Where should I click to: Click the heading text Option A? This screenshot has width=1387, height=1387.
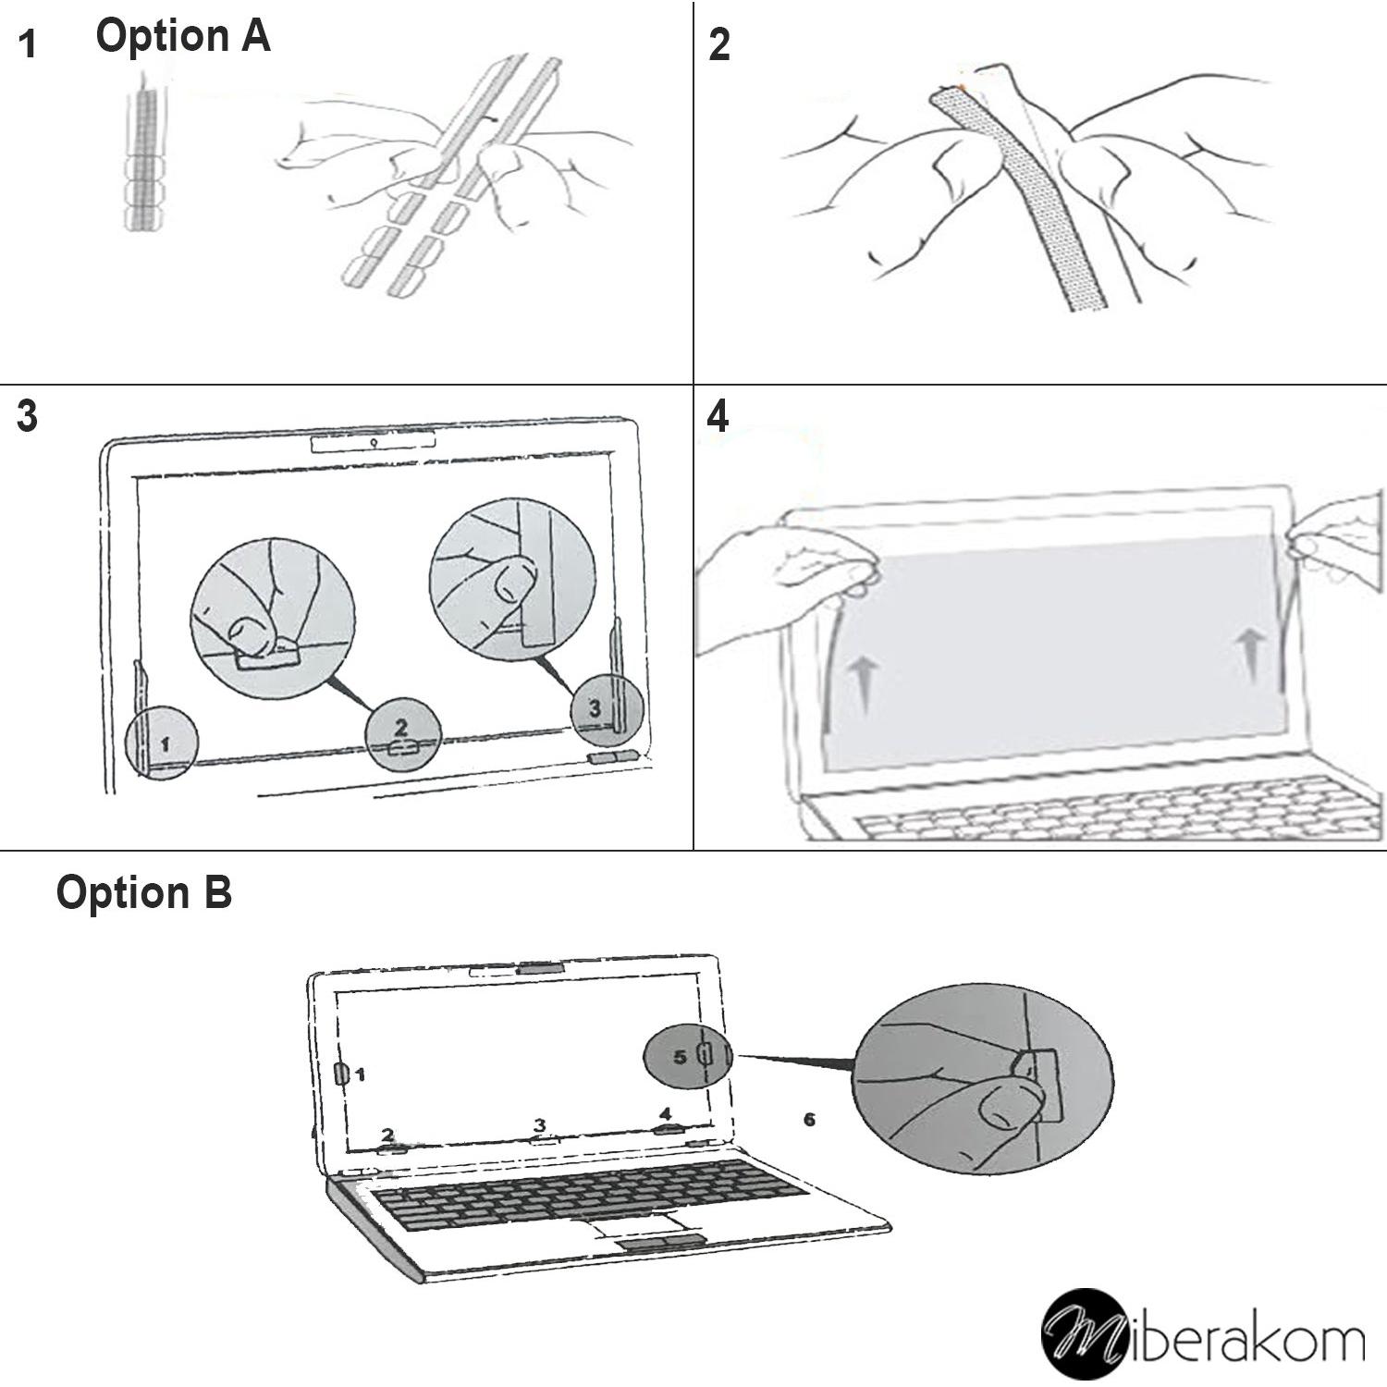pyautogui.click(x=182, y=37)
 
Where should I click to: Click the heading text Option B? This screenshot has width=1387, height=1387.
pyautogui.click(x=143, y=893)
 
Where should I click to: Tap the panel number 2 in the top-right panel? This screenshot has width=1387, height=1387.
pyautogui.click(x=719, y=44)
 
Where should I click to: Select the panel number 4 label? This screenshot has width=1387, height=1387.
pyautogui.click(x=718, y=417)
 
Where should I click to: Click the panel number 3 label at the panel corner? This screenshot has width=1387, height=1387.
pyautogui.click(x=28, y=417)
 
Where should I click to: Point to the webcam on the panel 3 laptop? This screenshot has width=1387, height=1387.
pyautogui.click(x=374, y=442)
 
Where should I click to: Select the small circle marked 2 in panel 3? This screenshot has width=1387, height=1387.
pyautogui.click(x=401, y=737)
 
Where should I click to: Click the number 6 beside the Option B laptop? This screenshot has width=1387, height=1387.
pyautogui.click(x=809, y=1120)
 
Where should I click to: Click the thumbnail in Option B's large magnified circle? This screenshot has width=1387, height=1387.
pyautogui.click(x=1009, y=1108)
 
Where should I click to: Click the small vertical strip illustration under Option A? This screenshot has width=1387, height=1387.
pyautogui.click(x=143, y=157)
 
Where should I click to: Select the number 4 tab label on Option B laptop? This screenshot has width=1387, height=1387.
pyautogui.click(x=666, y=1114)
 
